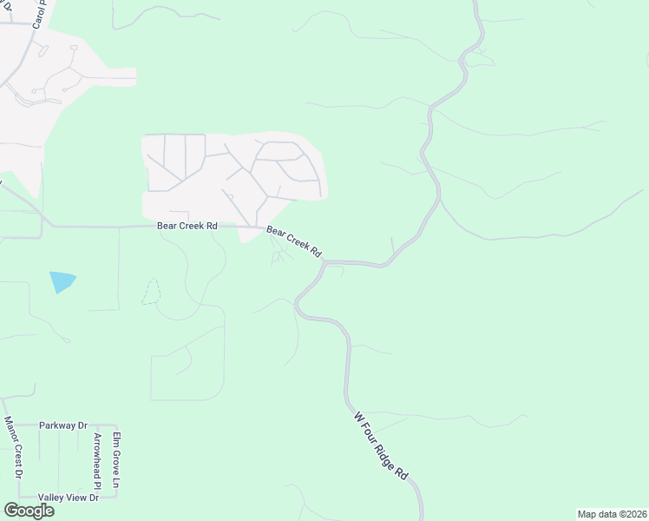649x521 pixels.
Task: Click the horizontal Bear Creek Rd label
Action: [x=187, y=226]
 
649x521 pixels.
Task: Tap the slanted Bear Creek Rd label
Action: [x=294, y=243]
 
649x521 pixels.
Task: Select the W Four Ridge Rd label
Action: [x=380, y=445]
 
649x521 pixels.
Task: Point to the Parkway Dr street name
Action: [x=63, y=426]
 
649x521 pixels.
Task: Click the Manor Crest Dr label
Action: [x=11, y=447]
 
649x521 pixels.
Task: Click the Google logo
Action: [x=29, y=511]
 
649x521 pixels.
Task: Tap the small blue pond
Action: [x=62, y=281]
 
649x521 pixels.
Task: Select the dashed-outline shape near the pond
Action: [x=151, y=292]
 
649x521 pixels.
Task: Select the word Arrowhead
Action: [x=98, y=453]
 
